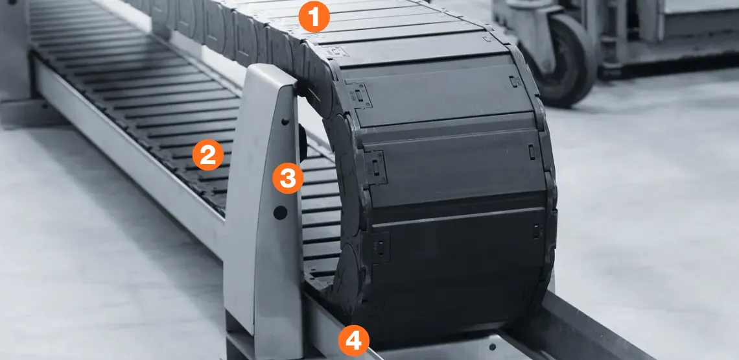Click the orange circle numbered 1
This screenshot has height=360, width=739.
pos(314,16)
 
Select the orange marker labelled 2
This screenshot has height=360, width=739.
pos(208,155)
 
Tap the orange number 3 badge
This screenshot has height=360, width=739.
pos(288,178)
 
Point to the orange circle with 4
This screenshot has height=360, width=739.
pos(353,341)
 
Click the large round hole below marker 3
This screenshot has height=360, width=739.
pos(280,212)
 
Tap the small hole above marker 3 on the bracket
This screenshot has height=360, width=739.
pos(285,122)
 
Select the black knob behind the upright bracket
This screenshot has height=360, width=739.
pos(303,141)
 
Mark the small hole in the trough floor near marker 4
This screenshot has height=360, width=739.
pos(492,347)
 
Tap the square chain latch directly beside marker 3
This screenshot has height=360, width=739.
pos(376,167)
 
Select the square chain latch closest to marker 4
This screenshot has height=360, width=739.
pos(379,247)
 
